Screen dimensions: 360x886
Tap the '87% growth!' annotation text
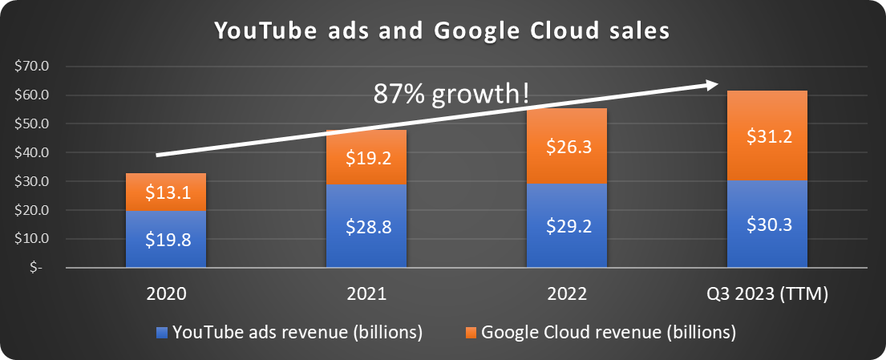click(451, 94)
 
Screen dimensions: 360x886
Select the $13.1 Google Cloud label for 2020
click(166, 192)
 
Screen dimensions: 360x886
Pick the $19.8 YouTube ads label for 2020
click(166, 238)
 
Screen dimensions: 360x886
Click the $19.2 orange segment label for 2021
click(366, 158)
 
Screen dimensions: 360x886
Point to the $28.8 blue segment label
click(366, 227)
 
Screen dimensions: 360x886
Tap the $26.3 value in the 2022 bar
click(567, 147)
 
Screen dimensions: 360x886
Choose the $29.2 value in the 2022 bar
click(567, 226)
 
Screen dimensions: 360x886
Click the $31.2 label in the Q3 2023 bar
click(767, 137)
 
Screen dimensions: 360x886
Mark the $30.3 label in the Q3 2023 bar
click(767, 225)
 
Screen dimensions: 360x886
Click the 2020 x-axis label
click(166, 294)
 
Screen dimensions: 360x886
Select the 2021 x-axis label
click(366, 294)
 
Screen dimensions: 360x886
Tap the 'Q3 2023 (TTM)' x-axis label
click(767, 294)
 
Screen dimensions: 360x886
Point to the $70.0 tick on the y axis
click(32, 66)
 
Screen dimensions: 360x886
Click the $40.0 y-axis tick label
click(32, 152)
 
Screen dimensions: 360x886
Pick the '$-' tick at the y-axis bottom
click(37, 268)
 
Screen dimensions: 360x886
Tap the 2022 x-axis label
click(567, 294)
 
